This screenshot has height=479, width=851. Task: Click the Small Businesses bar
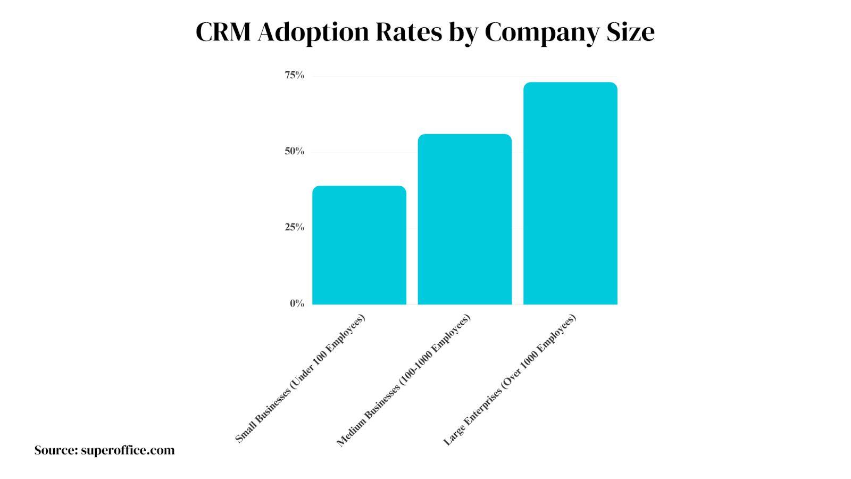point(359,245)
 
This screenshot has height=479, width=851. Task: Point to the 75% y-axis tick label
point(294,75)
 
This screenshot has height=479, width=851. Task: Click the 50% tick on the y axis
point(294,151)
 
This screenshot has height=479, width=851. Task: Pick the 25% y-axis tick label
point(294,227)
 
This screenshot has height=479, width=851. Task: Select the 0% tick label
point(297,303)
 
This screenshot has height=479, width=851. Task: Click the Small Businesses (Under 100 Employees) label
point(301,378)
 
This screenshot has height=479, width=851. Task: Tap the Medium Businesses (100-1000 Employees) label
point(404,380)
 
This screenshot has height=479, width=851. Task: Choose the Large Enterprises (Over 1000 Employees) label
point(510,380)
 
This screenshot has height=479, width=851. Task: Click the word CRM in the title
point(223,32)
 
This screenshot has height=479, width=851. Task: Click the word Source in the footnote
point(55,450)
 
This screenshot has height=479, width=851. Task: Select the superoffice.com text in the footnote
point(128,450)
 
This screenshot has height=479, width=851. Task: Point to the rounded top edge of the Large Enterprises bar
point(570,83)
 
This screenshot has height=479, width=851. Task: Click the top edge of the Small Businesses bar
point(359,187)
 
